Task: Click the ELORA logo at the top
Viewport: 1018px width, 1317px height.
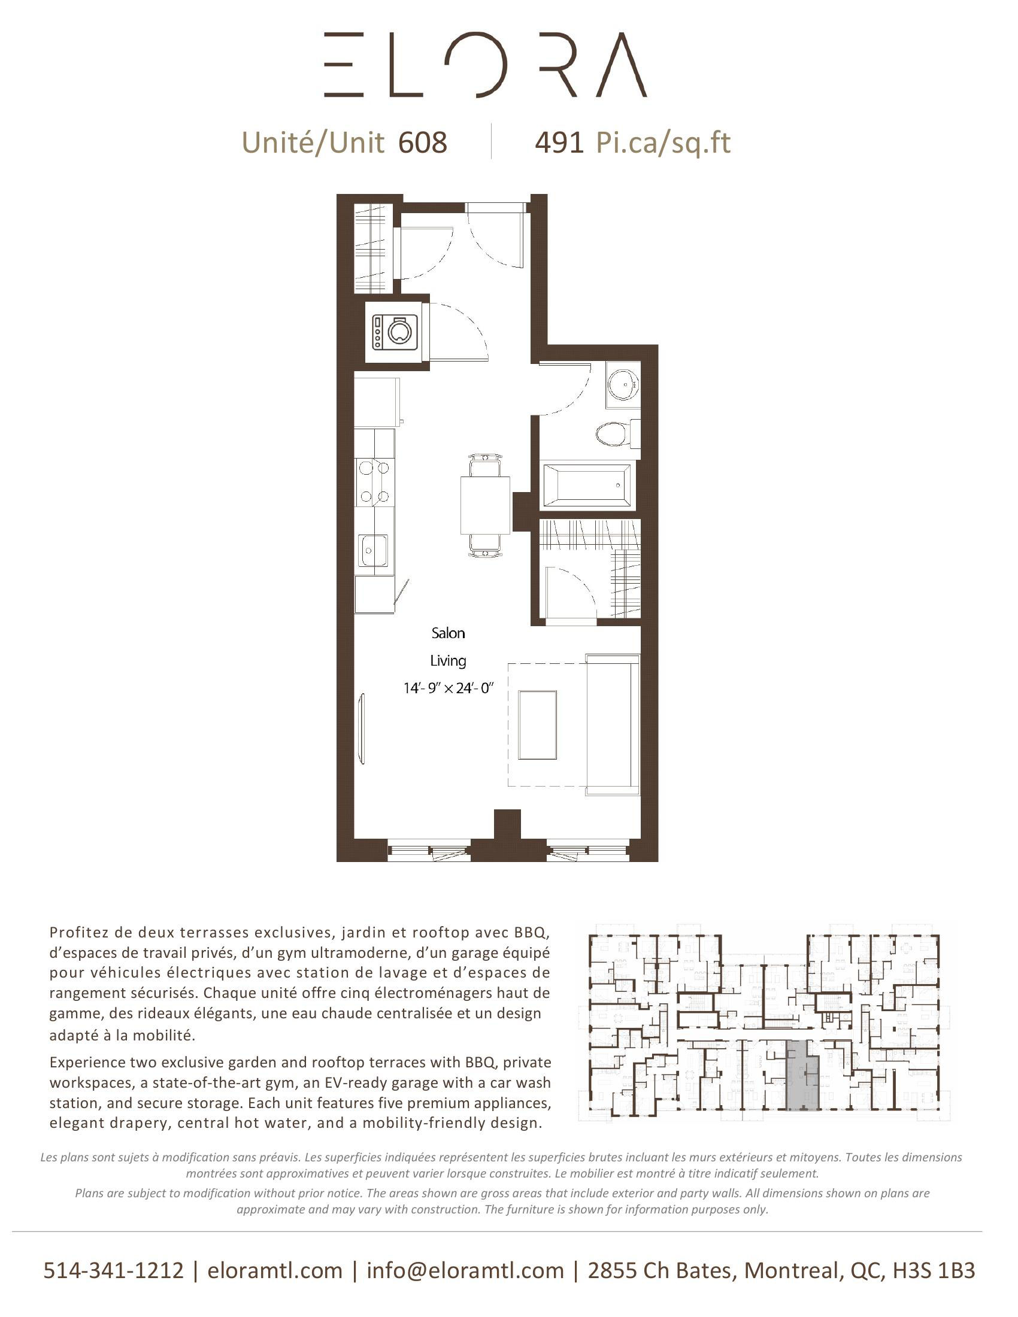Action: tap(486, 65)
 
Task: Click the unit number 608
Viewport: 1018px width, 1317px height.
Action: tap(422, 143)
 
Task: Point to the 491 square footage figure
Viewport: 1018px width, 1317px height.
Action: tap(559, 143)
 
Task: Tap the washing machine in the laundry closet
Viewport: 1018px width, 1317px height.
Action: tap(396, 331)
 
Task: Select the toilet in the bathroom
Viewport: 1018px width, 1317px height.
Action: tap(613, 433)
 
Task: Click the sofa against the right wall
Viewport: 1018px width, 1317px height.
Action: tap(612, 724)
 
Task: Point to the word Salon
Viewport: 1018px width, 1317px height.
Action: tap(448, 633)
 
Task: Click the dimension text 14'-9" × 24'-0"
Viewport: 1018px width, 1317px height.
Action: tap(448, 687)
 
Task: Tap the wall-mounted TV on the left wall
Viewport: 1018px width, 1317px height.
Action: tap(362, 729)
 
